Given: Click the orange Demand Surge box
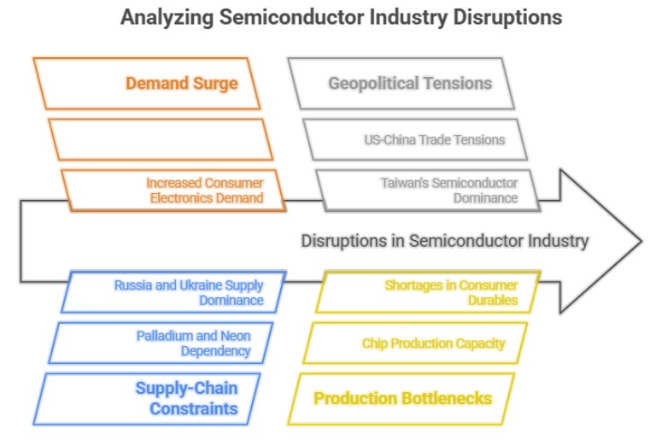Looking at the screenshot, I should coord(146,83).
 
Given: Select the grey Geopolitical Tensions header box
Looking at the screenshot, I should coord(401,83).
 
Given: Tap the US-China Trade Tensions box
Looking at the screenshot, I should coord(416,139).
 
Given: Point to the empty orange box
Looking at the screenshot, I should coord(161,139).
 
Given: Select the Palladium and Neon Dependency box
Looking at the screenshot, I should coord(161,343).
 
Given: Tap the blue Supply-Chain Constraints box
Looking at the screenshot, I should coord(149,398).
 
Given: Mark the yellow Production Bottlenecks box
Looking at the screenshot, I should coord(402,398).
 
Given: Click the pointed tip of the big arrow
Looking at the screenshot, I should coord(639,241).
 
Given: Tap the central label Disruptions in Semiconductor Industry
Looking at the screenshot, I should coord(444,241).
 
